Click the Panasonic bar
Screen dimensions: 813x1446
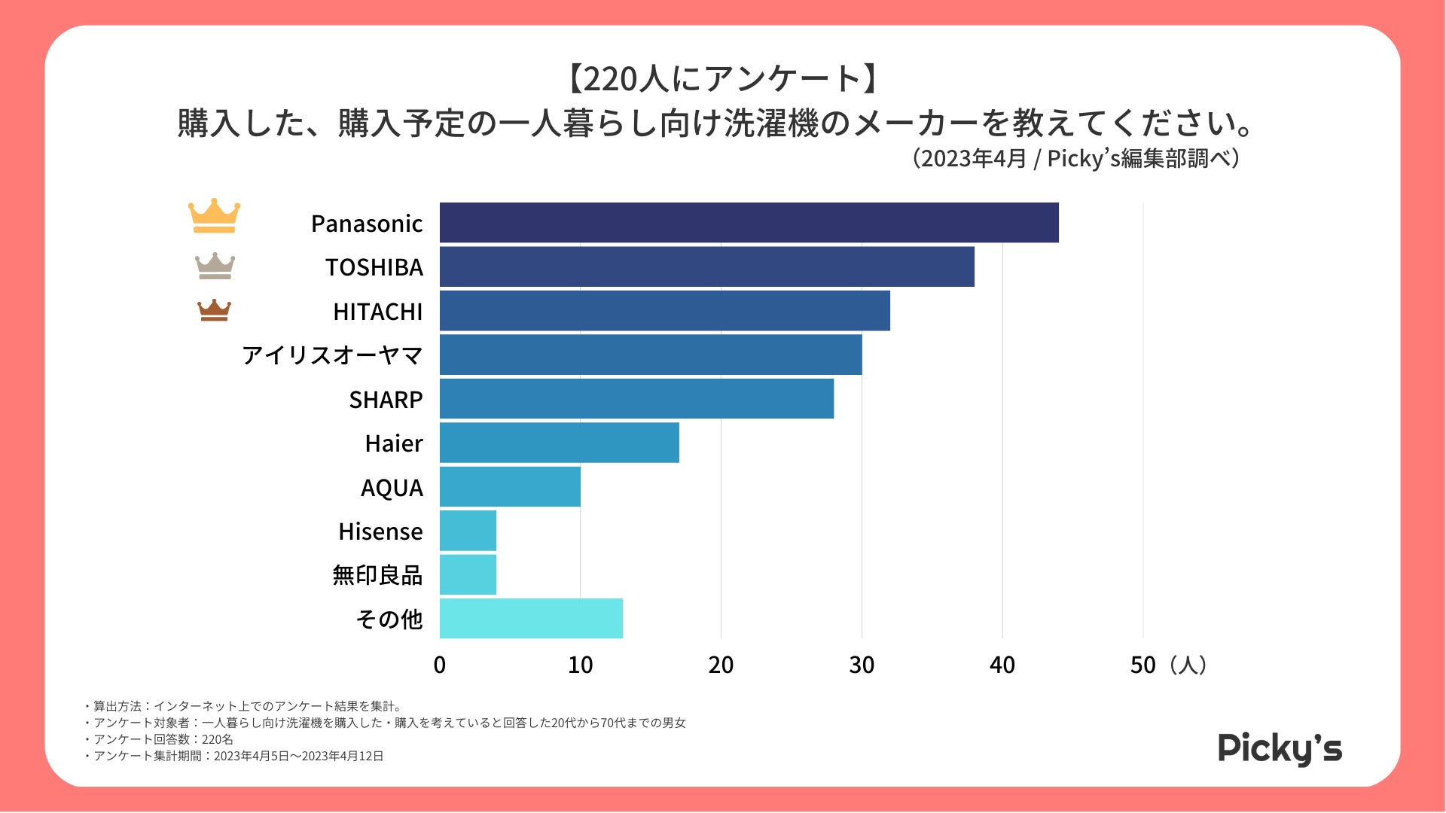749,223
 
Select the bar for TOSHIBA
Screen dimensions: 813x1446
706,266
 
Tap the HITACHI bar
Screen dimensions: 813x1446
664,311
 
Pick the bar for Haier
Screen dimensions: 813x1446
559,443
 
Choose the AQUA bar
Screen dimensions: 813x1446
510,487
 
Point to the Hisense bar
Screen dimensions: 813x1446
468,531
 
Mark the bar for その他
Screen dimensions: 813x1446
531,619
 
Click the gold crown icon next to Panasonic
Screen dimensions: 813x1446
214,216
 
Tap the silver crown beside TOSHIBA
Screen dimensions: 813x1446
215,266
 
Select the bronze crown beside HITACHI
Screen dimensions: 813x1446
214,310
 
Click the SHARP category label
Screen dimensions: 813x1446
386,400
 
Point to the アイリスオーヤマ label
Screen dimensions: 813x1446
332,355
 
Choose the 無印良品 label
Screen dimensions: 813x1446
377,575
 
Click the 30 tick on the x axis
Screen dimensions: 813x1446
862,665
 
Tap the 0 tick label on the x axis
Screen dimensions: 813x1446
440,665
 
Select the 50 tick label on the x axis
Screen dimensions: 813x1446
1142,665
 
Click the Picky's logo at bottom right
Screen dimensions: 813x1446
1280,748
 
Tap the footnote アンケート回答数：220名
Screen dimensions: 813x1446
163,739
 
